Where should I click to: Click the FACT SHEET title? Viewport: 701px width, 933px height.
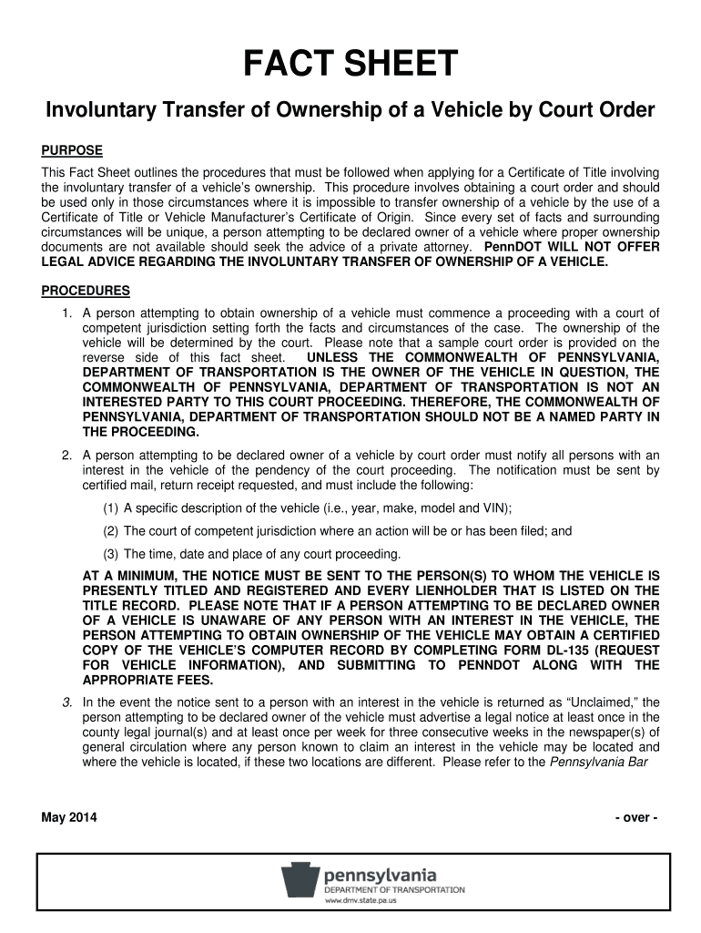pos(350,65)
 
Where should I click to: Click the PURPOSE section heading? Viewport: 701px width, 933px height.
pos(72,150)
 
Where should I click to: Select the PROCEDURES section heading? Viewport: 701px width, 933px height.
pos(86,291)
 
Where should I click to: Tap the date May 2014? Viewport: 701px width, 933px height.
pos(70,817)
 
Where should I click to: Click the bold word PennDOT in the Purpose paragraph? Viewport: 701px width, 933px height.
pos(512,247)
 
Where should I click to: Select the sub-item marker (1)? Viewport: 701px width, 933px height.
pos(110,508)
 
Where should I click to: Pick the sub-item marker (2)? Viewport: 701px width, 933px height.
pos(110,531)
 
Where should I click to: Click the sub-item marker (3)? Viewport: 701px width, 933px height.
pos(110,554)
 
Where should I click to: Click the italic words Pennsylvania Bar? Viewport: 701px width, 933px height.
pos(600,763)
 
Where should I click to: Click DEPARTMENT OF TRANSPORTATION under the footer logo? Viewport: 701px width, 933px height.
pos(394,890)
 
